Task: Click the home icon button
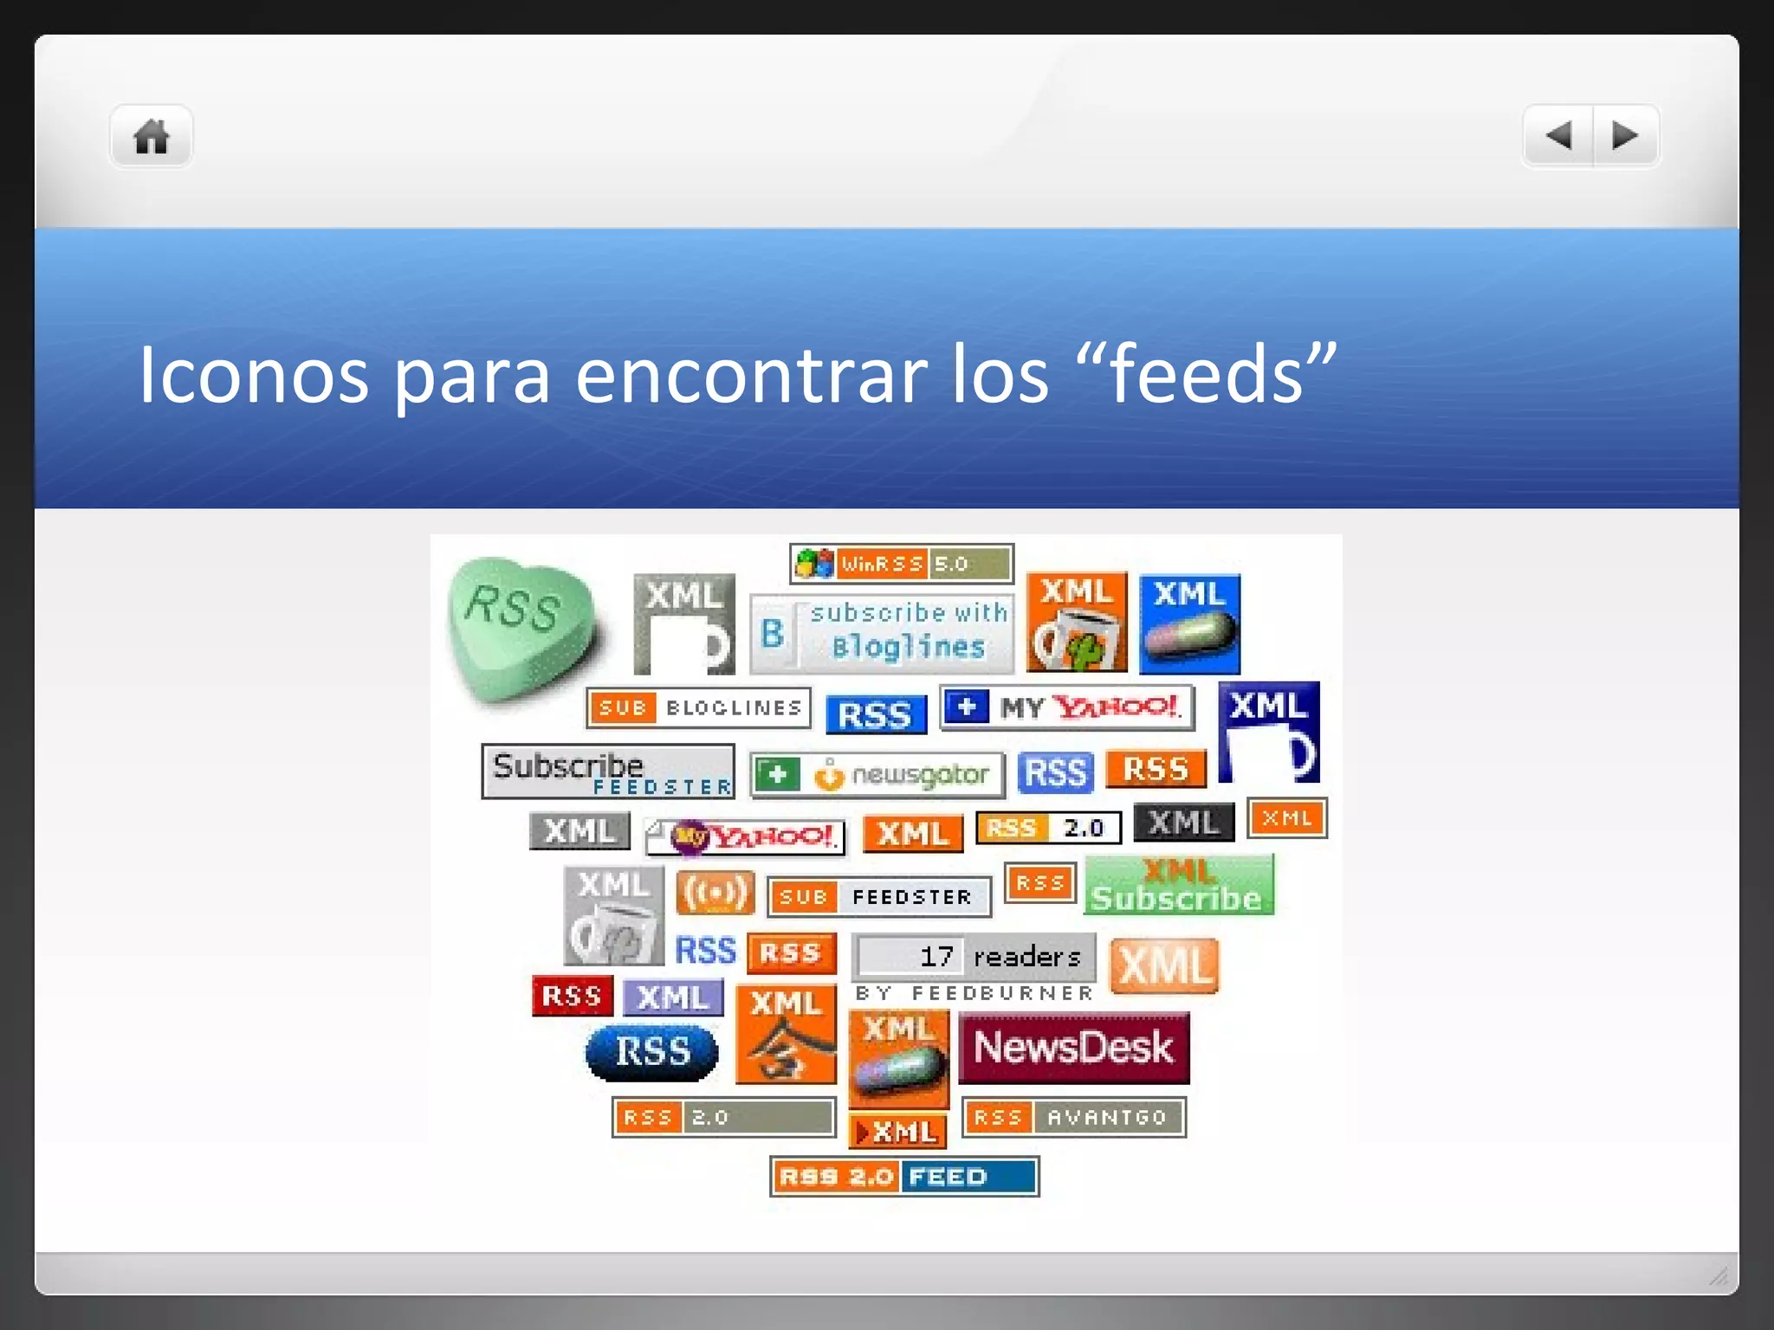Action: coord(151,137)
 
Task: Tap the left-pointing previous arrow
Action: coord(1558,135)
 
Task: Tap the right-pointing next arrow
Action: coord(1625,135)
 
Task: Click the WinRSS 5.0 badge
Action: coord(901,564)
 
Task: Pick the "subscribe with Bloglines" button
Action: coord(881,633)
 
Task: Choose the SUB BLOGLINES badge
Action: coord(698,707)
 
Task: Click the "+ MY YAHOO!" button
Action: coord(1066,707)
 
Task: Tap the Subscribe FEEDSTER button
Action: coord(607,771)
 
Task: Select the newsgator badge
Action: coord(877,774)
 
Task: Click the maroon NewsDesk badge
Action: coord(1073,1048)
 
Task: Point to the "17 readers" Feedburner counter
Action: coord(974,957)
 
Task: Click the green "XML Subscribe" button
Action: coord(1178,885)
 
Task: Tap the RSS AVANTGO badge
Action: coord(1073,1117)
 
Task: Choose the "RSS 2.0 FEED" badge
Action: coord(904,1176)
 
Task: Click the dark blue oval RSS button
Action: coord(651,1052)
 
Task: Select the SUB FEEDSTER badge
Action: coord(878,896)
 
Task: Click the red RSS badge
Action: coord(572,996)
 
